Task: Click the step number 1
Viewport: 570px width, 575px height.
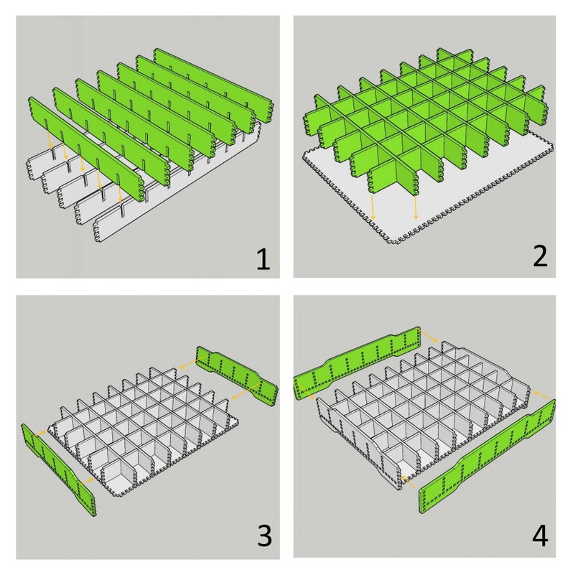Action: point(263,259)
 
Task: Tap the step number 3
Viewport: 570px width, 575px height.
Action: point(264,536)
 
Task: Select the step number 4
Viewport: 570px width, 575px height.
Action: point(540,536)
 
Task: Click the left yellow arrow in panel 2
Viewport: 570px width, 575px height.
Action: point(373,207)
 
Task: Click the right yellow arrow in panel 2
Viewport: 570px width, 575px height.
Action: point(415,207)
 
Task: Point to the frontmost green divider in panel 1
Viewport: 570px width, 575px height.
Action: point(86,149)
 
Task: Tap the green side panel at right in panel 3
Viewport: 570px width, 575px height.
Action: point(238,376)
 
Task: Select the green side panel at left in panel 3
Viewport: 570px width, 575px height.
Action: point(59,470)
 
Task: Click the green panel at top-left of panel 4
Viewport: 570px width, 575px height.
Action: point(357,363)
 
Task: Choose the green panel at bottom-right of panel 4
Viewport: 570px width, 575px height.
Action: point(487,457)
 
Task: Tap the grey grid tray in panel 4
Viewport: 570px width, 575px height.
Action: point(422,414)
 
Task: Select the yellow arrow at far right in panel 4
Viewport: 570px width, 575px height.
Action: point(541,395)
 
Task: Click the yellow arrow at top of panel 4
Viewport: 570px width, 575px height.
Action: point(428,335)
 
